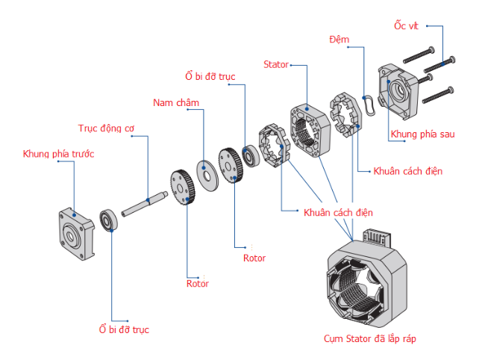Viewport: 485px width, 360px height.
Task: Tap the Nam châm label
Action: tap(176, 102)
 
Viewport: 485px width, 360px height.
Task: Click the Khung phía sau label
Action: tap(422, 134)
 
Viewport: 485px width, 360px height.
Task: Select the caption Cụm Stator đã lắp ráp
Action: tap(370, 339)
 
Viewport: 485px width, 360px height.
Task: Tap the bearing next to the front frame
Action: tap(110, 221)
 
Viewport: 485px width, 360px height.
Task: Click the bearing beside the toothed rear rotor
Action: tap(249, 155)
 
